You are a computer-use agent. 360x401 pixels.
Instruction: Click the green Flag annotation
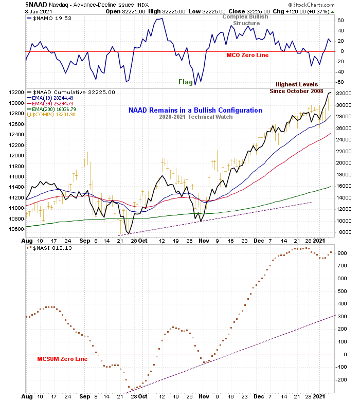pos(186,82)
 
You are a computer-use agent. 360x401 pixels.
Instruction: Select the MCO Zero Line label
pos(247,55)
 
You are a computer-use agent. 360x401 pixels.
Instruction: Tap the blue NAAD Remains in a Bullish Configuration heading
pos(195,110)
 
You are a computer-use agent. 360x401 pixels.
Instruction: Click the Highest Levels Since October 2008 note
pos(296,87)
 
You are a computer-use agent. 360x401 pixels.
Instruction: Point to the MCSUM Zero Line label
pos(62,359)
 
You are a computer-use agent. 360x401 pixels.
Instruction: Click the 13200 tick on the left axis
pos(16,93)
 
